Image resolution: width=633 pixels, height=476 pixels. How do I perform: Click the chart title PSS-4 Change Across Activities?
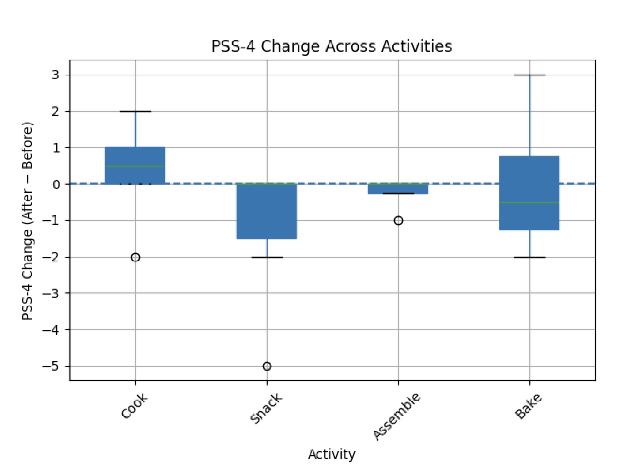point(332,46)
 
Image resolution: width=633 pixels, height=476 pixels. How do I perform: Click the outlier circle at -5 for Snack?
point(267,366)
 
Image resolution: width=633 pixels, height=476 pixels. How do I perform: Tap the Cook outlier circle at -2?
point(135,257)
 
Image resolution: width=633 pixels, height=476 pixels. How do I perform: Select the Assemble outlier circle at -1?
point(398,221)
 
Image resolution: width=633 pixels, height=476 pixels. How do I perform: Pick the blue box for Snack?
point(267,211)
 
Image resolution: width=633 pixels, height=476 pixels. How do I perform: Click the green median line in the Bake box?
point(529,202)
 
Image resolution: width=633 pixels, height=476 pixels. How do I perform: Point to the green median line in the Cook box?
point(135,166)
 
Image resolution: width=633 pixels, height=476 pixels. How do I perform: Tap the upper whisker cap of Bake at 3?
point(530,75)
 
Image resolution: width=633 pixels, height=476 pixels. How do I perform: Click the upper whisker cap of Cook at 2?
point(135,112)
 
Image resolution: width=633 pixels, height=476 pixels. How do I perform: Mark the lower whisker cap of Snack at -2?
point(267,257)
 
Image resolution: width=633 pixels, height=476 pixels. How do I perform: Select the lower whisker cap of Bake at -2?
point(530,257)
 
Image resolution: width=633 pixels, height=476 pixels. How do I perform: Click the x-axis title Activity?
point(332,454)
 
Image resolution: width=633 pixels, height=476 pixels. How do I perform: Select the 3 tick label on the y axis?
point(55,75)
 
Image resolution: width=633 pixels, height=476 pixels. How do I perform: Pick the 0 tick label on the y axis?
point(56,184)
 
